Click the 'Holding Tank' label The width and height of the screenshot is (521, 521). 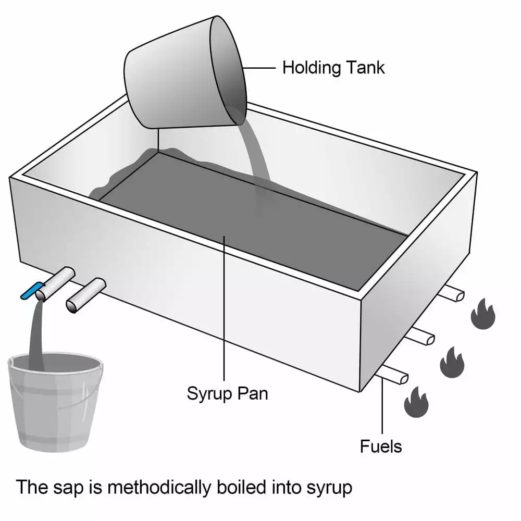pos(333,67)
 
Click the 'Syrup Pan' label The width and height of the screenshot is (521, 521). pos(227,393)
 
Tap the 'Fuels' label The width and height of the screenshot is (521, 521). pos(381,446)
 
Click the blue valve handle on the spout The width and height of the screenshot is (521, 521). pos(31,290)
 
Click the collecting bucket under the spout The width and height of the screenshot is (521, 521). pos(54,401)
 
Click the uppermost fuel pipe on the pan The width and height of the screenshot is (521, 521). pos(451,294)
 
